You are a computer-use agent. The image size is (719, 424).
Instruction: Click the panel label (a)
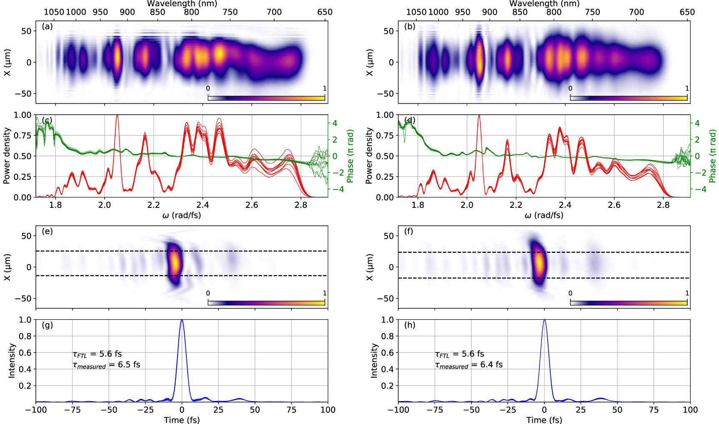(47, 27)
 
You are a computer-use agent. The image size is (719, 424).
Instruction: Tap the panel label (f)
(409, 231)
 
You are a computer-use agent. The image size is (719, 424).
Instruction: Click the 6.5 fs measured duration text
(107, 365)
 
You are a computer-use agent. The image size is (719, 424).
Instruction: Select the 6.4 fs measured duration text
(469, 365)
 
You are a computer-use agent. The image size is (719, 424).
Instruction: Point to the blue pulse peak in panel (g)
(182, 321)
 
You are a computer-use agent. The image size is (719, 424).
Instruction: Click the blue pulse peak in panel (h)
(544, 321)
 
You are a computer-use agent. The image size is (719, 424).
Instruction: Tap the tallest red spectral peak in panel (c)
(117, 116)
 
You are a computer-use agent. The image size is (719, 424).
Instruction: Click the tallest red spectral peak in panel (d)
(479, 116)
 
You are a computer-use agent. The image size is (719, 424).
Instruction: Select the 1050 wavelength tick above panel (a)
(54, 12)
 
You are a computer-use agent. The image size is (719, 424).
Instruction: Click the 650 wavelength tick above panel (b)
(687, 12)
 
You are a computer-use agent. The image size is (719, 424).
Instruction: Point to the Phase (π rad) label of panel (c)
(350, 156)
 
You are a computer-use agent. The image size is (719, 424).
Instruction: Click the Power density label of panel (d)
(369, 156)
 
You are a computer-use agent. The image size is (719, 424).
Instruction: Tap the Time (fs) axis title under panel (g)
(182, 420)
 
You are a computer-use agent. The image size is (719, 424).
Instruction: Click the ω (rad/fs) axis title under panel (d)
(544, 215)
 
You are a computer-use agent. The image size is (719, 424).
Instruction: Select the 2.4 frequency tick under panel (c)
(203, 205)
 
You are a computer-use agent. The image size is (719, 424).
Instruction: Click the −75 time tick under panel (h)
(435, 410)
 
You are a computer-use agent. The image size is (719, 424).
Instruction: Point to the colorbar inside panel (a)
(266, 98)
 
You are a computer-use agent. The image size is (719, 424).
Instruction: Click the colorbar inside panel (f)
(628, 303)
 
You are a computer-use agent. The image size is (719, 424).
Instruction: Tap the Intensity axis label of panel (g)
(12, 361)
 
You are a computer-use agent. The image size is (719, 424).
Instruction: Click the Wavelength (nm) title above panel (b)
(544, 4)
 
